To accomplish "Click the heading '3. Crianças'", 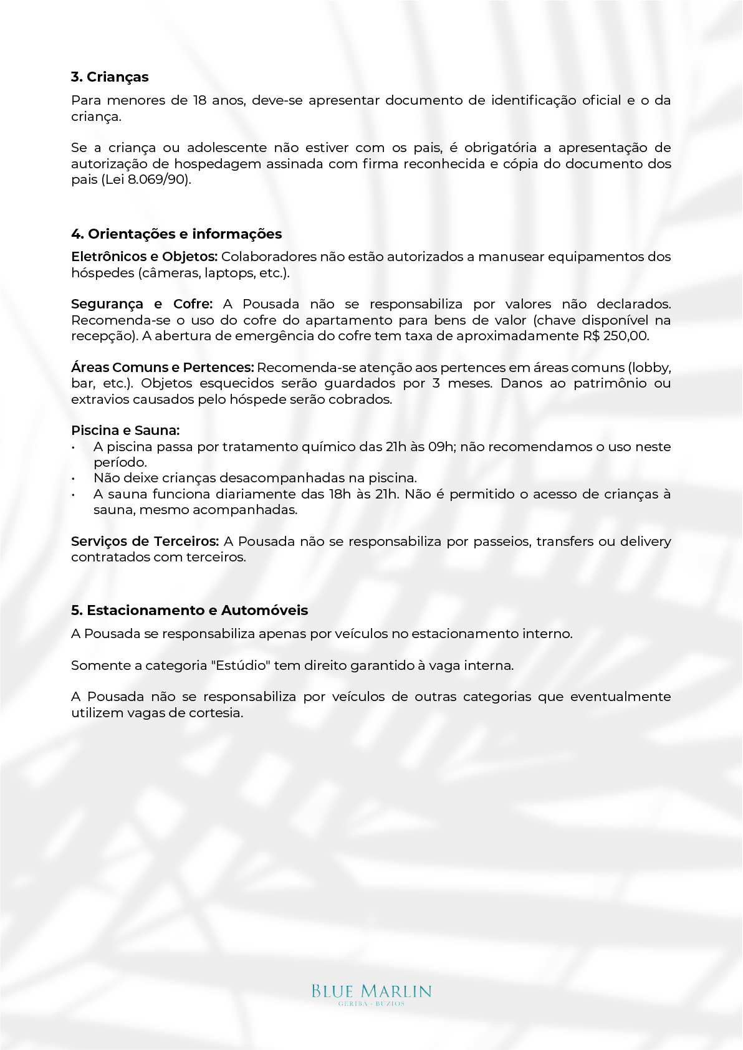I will tap(110, 77).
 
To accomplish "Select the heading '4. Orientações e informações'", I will tap(176, 234).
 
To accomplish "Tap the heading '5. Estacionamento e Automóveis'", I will tap(189, 611).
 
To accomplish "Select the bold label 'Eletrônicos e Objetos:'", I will tap(144, 257).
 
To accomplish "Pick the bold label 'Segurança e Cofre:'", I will tap(141, 304).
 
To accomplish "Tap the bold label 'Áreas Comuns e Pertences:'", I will tap(162, 368).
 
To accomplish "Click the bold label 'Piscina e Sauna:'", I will tap(125, 431).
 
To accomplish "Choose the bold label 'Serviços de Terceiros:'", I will tap(145, 542).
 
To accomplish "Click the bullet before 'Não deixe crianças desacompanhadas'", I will tap(74, 479).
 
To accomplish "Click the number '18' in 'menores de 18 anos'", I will tap(199, 100).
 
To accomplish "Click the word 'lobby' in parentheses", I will tap(650, 368).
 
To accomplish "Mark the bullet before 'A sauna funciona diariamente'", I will tap(74, 495).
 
